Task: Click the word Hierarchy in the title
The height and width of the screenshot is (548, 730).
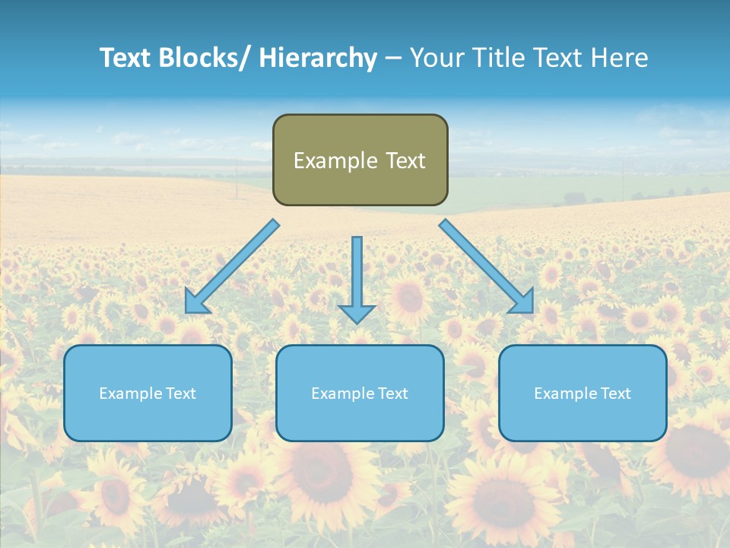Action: [x=318, y=58]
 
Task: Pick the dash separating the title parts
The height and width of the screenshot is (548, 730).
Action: [x=393, y=59]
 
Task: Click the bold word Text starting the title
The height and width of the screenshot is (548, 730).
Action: [x=126, y=58]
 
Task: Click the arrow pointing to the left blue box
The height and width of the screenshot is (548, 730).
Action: [x=232, y=266]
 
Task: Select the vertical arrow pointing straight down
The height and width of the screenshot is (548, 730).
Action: [x=357, y=274]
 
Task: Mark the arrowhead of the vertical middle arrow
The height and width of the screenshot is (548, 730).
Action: [x=357, y=313]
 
